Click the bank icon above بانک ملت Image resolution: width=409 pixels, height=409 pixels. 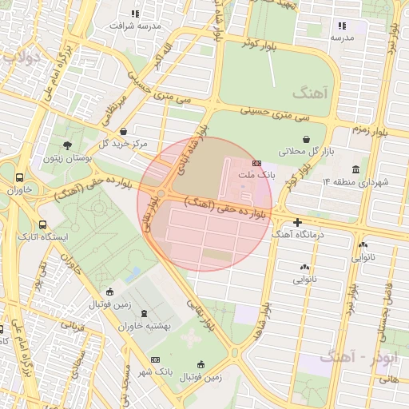pos(256,162)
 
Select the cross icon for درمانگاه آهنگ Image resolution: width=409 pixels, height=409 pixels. pos(298,222)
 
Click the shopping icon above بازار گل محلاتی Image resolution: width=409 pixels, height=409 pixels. pos(307,139)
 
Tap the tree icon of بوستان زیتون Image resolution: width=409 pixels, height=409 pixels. pos(67,145)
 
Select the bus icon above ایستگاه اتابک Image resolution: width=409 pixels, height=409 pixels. pos(42,225)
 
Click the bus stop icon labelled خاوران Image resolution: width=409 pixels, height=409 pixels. pos(19,178)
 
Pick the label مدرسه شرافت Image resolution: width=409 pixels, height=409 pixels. pos(136,26)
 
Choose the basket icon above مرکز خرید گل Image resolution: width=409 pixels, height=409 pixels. pos(123,132)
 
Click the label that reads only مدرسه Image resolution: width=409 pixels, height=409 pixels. pos(342,38)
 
